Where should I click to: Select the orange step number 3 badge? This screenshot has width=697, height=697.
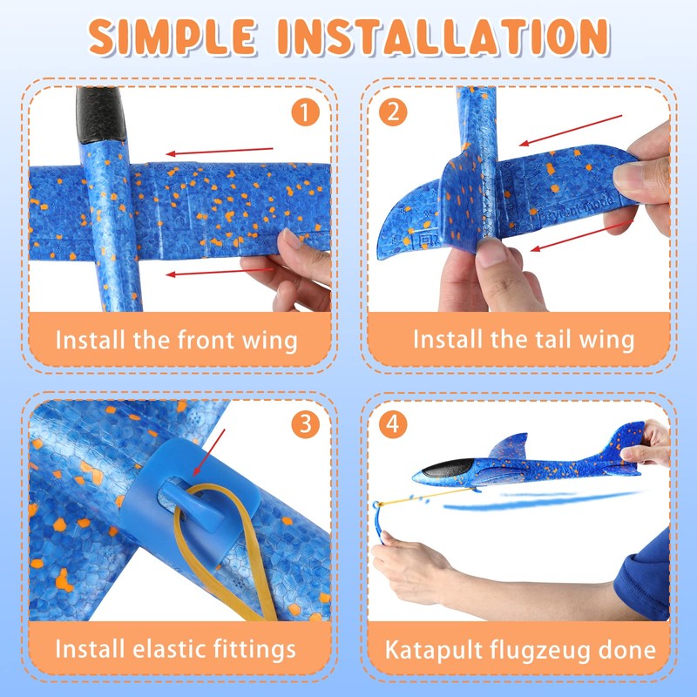pyautogui.click(x=306, y=424)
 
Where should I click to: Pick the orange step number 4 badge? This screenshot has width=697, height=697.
pyautogui.click(x=394, y=424)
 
